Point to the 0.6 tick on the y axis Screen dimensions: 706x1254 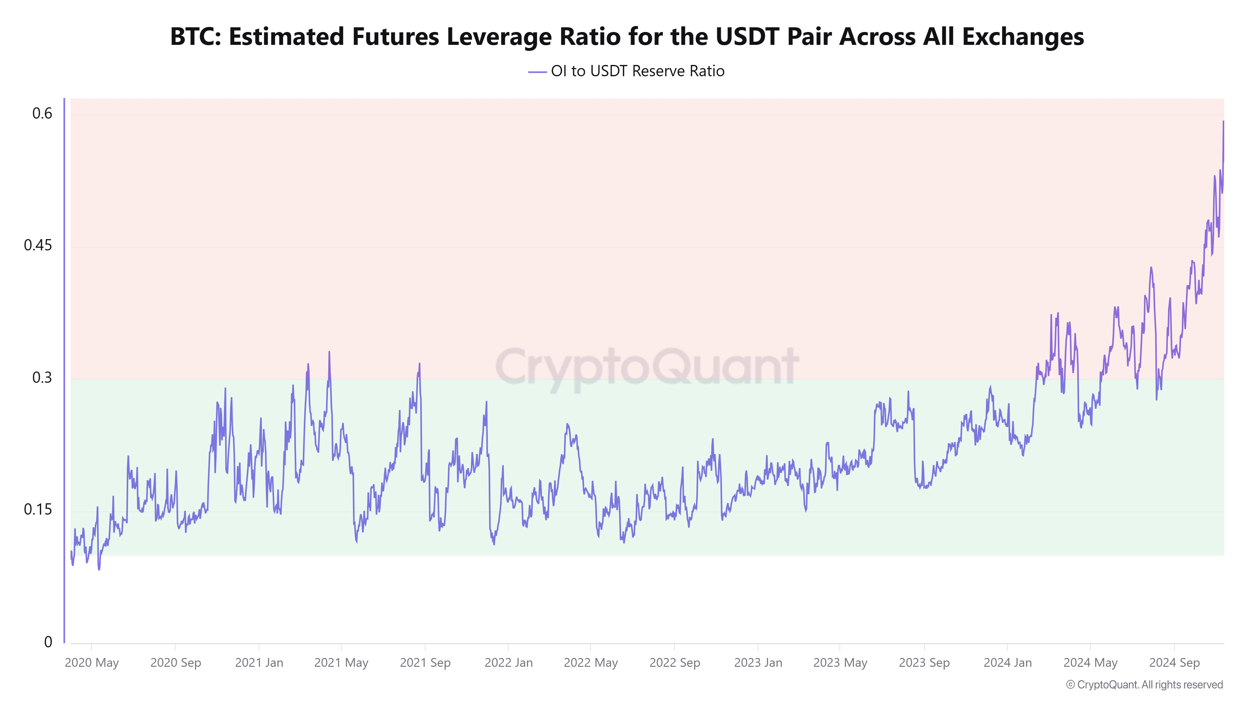pyautogui.click(x=42, y=114)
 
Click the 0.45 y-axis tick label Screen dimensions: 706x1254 pyautogui.click(x=38, y=246)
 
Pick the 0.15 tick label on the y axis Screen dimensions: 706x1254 pyautogui.click(x=38, y=510)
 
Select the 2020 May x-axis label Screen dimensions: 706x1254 pyautogui.click(x=92, y=663)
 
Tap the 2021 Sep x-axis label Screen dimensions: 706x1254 pyautogui.click(x=425, y=663)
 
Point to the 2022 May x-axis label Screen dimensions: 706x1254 pyautogui.click(x=591, y=663)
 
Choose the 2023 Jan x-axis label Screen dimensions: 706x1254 pyautogui.click(x=758, y=663)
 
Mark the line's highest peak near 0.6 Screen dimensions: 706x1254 pyautogui.click(x=1223, y=122)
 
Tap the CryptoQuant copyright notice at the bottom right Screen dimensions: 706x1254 pyautogui.click(x=1144, y=685)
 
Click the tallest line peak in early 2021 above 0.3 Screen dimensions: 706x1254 pyautogui.click(x=329, y=352)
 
